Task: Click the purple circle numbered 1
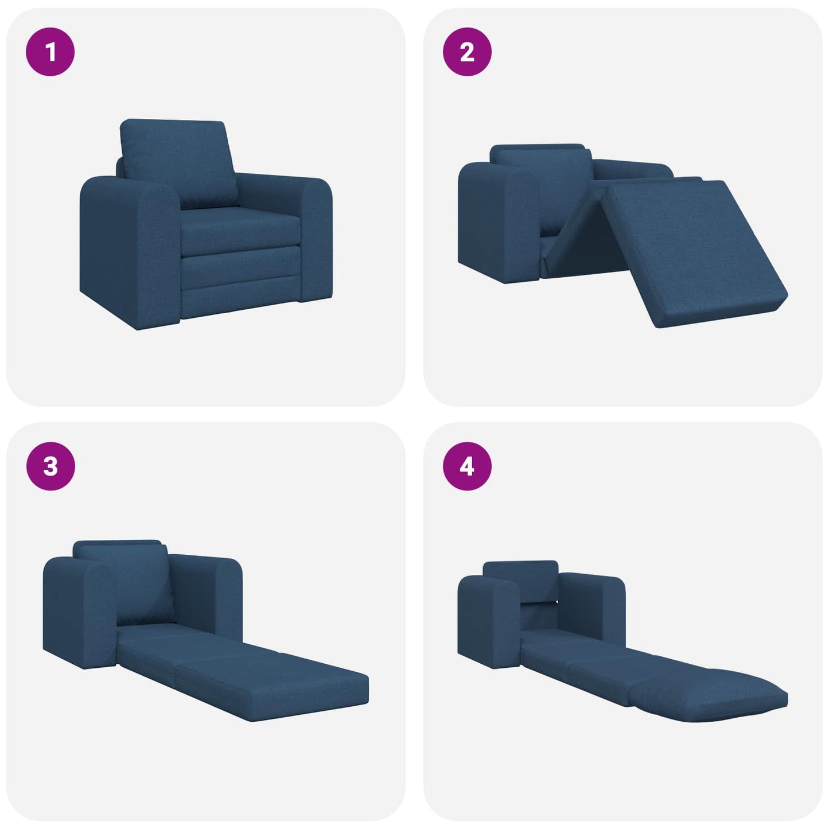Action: coord(50,52)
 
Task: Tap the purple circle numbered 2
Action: coord(467,52)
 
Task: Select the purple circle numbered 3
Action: coord(50,466)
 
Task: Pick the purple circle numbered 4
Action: coord(467,466)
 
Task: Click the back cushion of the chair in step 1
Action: coord(178,161)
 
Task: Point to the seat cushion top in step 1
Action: coord(241,221)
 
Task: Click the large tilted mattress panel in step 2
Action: coord(694,252)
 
